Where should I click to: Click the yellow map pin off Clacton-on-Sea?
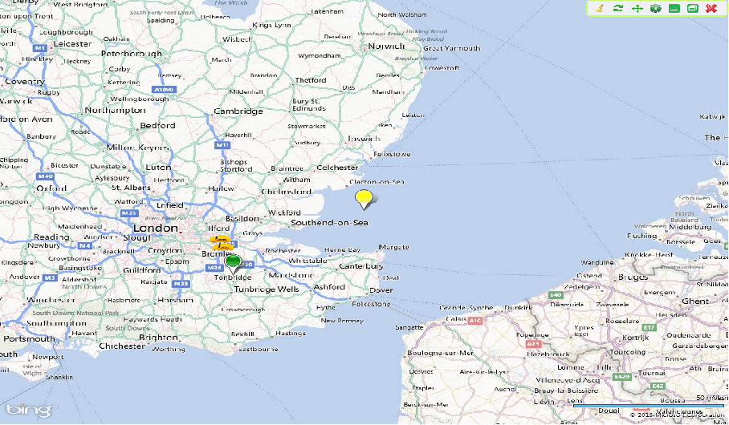[364, 197]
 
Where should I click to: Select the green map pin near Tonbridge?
[233, 261]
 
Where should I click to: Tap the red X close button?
[711, 8]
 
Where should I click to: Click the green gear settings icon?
[655, 8]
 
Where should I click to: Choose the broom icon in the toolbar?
[599, 8]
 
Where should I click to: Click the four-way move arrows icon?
[637, 8]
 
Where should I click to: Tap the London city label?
[154, 228]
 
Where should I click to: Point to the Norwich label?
[386, 46]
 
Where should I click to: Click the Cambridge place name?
[238, 111]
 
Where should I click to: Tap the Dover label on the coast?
[381, 289]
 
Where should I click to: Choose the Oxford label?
[51, 188]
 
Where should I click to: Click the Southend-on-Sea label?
[329, 222]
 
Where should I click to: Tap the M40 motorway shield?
[45, 176]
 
